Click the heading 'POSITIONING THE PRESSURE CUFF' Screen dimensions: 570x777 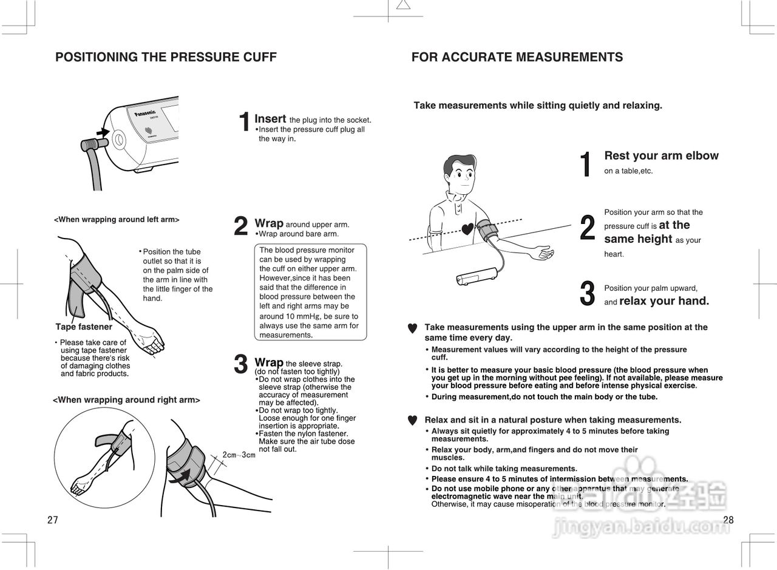pyautogui.click(x=166, y=58)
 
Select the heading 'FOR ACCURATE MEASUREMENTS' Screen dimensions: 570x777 pyautogui.click(x=517, y=58)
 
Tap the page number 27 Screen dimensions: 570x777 pyautogui.click(x=53, y=520)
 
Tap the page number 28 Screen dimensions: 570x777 pyautogui.click(x=728, y=520)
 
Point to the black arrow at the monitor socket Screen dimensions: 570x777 pyautogui.click(x=103, y=132)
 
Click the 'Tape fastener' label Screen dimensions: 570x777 pyautogui.click(x=84, y=327)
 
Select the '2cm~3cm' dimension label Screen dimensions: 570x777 pyautogui.click(x=239, y=455)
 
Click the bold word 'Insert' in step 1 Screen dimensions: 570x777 pyautogui.click(x=270, y=119)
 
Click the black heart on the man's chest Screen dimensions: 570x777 pyautogui.click(x=467, y=229)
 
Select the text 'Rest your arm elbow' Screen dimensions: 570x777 pyautogui.click(x=661, y=156)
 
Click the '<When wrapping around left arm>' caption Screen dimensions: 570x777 pyautogui.click(x=117, y=220)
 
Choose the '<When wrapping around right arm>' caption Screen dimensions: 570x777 pyautogui.click(x=126, y=400)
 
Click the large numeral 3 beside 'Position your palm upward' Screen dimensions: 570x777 pyautogui.click(x=587, y=294)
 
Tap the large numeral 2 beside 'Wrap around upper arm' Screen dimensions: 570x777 pyautogui.click(x=241, y=226)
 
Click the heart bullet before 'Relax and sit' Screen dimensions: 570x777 pyautogui.click(x=412, y=420)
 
